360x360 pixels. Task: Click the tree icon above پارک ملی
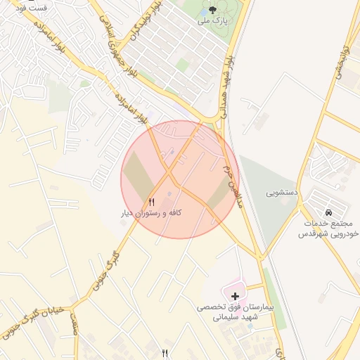pyautogui.click(x=213, y=11)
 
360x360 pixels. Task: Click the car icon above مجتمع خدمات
pyautogui.click(x=328, y=212)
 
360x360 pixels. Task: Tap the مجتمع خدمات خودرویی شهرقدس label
pyautogui.click(x=328, y=227)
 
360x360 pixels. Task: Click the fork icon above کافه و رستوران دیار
pyautogui.click(x=151, y=202)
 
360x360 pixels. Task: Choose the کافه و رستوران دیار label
pyautogui.click(x=150, y=212)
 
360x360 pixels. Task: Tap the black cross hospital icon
pyautogui.click(x=234, y=297)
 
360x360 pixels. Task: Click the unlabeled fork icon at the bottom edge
pyautogui.click(x=165, y=353)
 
